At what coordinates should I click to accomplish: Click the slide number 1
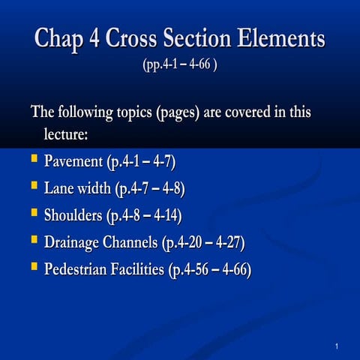339,345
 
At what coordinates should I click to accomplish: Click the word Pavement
73,161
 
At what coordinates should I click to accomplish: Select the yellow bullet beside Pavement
34,160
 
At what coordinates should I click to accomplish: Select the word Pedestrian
79,268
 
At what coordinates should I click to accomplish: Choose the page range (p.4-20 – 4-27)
203,242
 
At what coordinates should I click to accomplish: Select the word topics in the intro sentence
128,113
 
